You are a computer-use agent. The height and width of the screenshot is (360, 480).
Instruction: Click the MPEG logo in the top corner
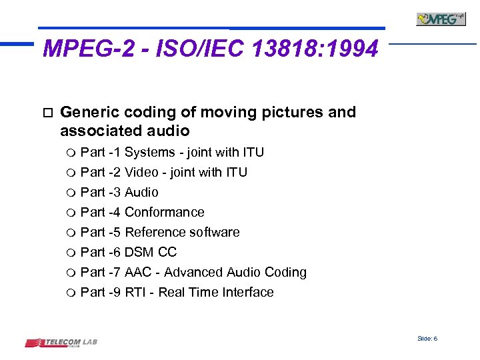tap(441, 19)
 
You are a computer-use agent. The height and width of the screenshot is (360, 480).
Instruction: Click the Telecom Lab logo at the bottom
tap(61, 343)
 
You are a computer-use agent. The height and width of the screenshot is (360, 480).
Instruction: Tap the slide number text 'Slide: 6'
tap(427, 339)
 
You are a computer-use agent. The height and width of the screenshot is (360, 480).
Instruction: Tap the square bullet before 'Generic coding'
tap(45, 112)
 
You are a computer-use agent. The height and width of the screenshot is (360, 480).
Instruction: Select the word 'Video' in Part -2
tap(141, 172)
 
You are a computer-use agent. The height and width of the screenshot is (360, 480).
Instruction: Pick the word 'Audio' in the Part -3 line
tap(141, 192)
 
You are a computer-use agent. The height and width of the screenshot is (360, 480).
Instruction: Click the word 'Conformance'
tap(165, 212)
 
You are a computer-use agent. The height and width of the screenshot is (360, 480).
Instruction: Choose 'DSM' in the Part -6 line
tap(139, 252)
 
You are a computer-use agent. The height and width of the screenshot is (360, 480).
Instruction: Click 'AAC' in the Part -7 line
tap(138, 272)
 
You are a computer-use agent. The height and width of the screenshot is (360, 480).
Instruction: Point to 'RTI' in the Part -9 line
tap(135, 292)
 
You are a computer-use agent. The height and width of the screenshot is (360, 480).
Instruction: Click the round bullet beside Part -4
tap(71, 213)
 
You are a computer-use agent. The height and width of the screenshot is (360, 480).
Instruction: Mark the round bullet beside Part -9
tap(71, 293)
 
